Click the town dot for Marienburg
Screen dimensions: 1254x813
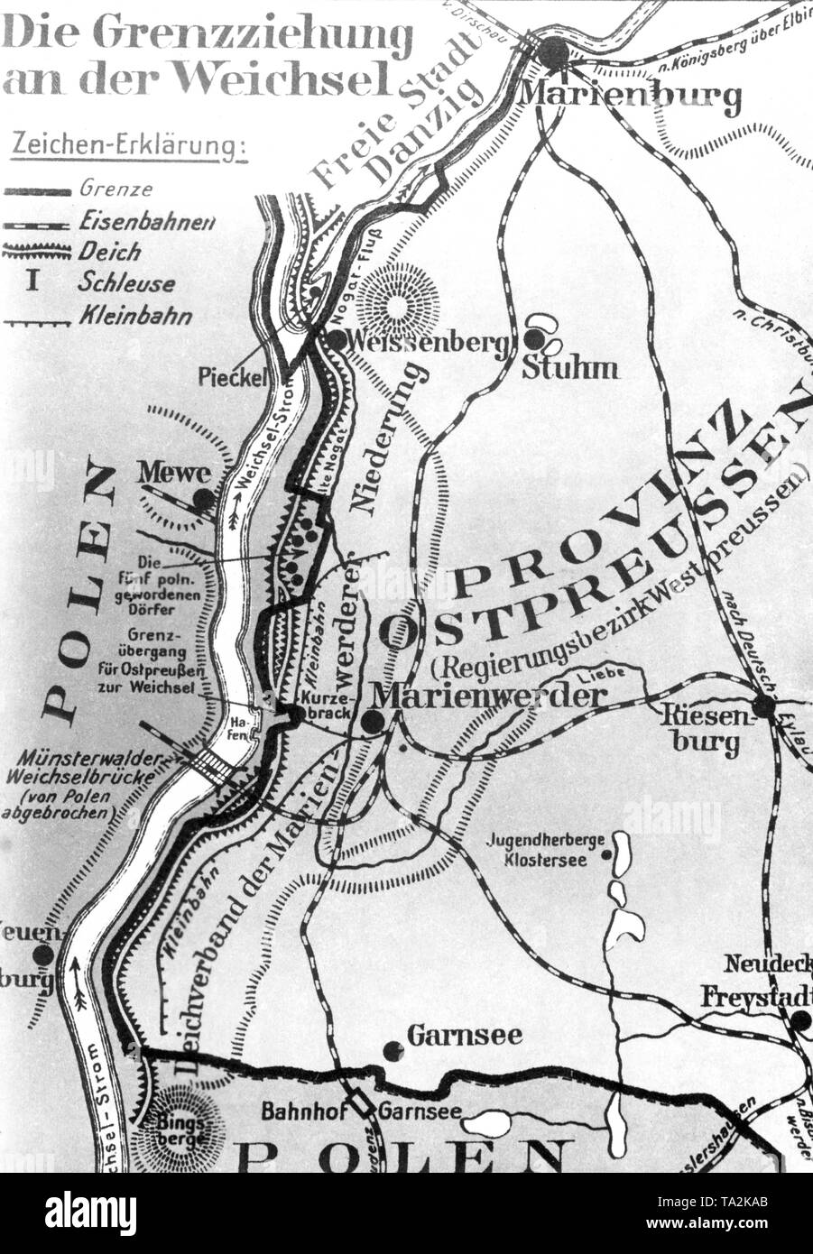(x=554, y=51)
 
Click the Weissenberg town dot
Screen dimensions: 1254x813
(x=336, y=340)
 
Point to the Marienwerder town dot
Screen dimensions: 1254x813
(x=370, y=722)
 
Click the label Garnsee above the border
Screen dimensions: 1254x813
(x=464, y=1035)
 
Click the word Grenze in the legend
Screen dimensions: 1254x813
(x=115, y=189)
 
